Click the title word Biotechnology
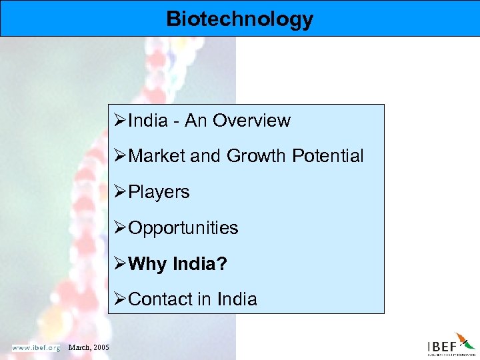click(x=239, y=19)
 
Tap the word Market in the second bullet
click(x=157, y=157)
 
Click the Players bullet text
click(x=159, y=192)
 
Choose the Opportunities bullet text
click(x=183, y=228)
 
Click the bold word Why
click(x=147, y=264)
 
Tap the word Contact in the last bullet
click(x=160, y=299)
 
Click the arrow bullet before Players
click(x=121, y=192)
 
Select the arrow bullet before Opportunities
click(x=121, y=228)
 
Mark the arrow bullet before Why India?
click(x=121, y=264)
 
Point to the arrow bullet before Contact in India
click(x=121, y=299)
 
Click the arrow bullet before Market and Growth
click(x=121, y=157)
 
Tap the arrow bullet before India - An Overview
click(x=121, y=121)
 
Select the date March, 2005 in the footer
click(x=89, y=347)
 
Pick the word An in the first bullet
click(x=196, y=121)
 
